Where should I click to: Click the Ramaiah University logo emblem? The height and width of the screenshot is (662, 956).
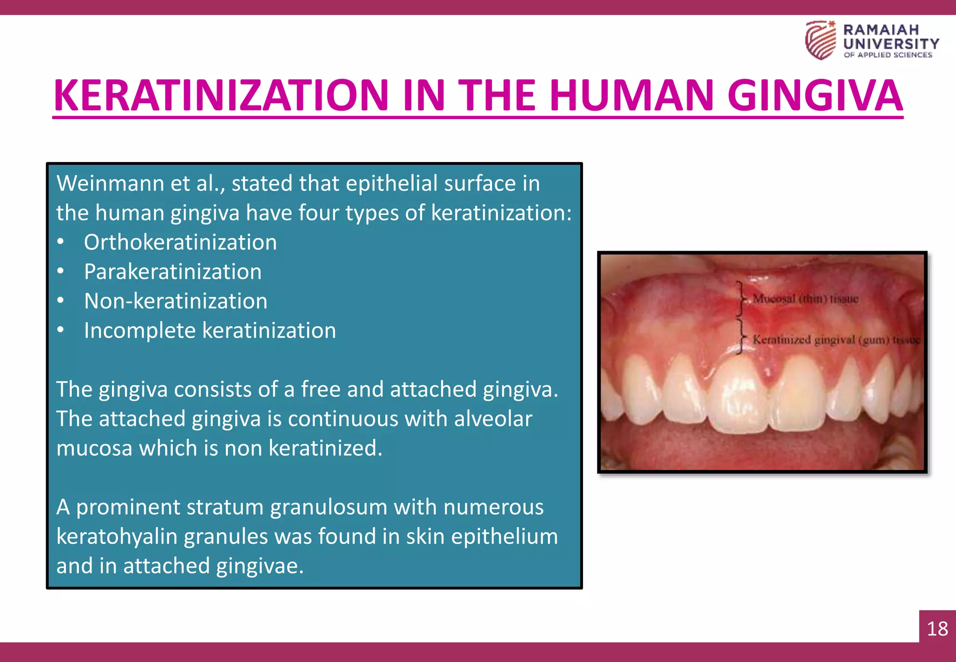pos(820,40)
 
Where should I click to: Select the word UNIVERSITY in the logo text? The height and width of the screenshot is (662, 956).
pos(891,44)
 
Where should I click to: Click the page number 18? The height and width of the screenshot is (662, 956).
pos(937,628)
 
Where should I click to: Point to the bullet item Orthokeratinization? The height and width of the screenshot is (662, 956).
pos(180,242)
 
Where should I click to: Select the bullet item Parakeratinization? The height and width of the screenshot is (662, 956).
pos(173,272)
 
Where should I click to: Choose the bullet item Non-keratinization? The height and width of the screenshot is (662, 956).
pos(176,301)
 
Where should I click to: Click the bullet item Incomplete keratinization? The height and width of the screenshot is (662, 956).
pos(210,331)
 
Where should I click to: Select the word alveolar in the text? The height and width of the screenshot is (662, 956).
pos(493,419)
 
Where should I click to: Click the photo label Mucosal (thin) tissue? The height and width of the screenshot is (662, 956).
pos(805,299)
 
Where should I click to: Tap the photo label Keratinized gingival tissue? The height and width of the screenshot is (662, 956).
pos(836,340)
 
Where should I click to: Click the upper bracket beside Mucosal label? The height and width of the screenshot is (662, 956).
pos(740,298)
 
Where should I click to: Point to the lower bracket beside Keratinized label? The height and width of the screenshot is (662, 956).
pos(740,336)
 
